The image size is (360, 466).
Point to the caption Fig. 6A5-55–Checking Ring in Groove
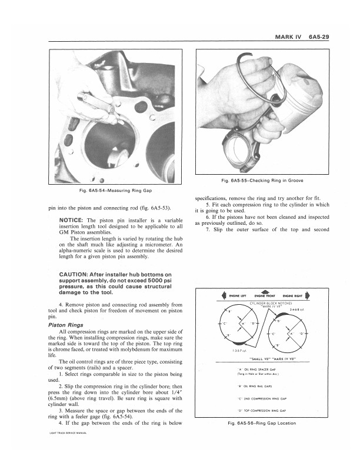[x=258, y=179]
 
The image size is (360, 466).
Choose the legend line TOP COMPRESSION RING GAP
[x=264, y=410]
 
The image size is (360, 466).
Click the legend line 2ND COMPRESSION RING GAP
[x=264, y=398]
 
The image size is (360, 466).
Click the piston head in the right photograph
[x=302, y=82]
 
